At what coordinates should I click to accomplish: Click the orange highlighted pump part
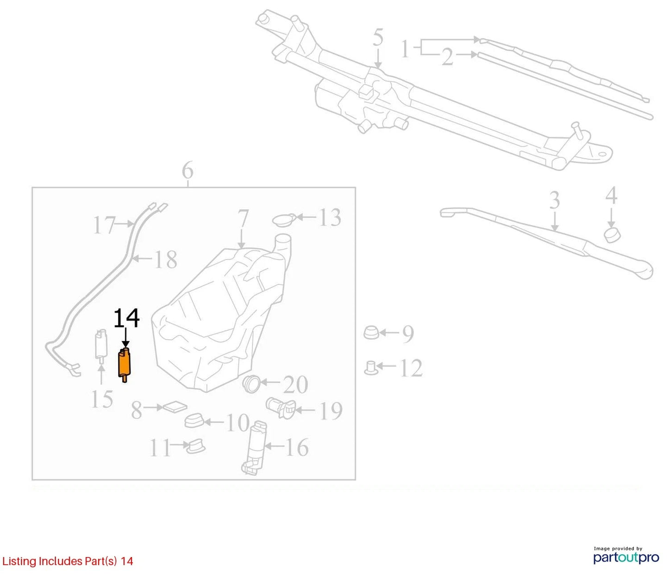125,364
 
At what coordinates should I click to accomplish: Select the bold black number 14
126,318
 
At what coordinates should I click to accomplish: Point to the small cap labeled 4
613,235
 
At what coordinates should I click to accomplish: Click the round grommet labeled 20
251,384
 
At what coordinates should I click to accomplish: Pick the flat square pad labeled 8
175,407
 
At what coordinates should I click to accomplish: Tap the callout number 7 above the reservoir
243,219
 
